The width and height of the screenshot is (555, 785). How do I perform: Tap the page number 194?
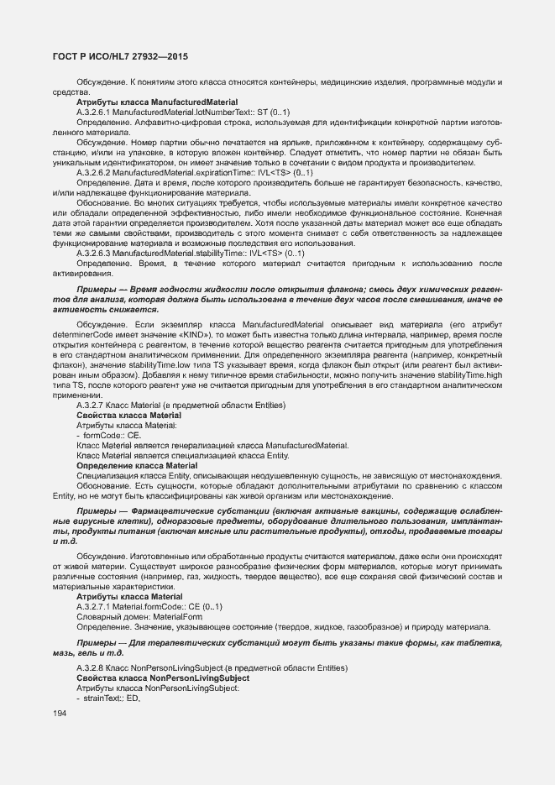pyautogui.click(x=60, y=713)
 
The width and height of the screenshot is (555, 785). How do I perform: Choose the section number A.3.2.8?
pyautogui.click(x=91, y=667)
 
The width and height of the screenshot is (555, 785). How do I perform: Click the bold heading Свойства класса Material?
pyautogui.click(x=128, y=416)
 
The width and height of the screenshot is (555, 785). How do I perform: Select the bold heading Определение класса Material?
pyautogui.click(x=137, y=465)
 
